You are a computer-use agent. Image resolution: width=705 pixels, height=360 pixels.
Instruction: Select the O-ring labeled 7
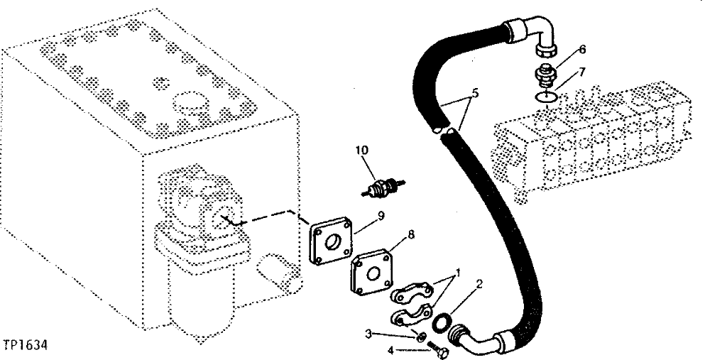click(x=545, y=97)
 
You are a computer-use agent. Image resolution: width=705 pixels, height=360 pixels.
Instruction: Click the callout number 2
click(x=479, y=285)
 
